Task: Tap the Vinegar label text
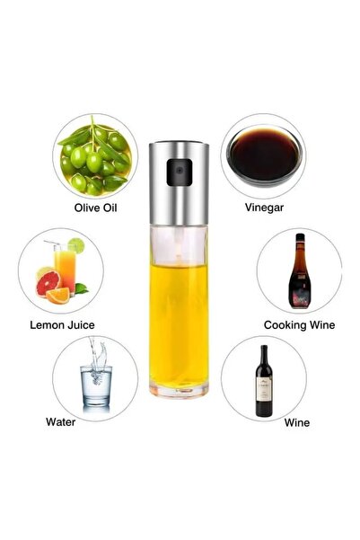pos(263,207)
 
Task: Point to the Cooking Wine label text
pos(299,323)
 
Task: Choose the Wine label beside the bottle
pos(297,420)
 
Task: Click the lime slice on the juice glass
pos(76,244)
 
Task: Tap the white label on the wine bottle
pos(264,389)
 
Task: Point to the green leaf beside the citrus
pos(82,289)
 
